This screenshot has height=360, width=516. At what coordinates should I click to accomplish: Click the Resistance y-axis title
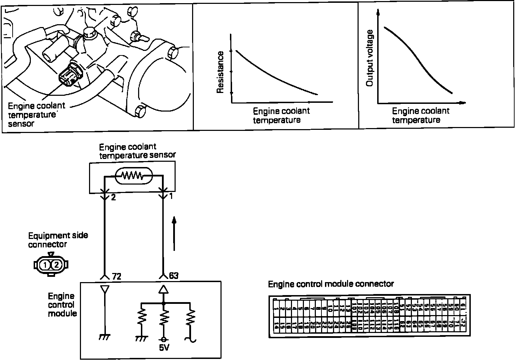pyautogui.click(x=220, y=72)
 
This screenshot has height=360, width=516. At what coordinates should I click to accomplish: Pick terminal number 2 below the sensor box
pyautogui.click(x=113, y=198)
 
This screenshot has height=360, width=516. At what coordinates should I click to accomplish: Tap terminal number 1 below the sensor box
pyautogui.click(x=171, y=196)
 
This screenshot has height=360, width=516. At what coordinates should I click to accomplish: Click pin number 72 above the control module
pyautogui.click(x=116, y=276)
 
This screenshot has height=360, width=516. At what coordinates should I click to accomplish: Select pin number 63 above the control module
pyautogui.click(x=174, y=276)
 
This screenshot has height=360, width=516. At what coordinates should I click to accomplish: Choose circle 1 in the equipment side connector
pyautogui.click(x=46, y=265)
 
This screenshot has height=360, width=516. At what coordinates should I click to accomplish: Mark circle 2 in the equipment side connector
pyautogui.click(x=57, y=265)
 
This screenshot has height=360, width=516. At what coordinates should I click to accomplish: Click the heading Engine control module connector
pyautogui.click(x=331, y=284)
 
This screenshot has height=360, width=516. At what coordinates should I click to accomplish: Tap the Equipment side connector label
pyautogui.click(x=58, y=240)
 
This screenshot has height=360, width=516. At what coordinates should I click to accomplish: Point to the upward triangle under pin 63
pyautogui.click(x=163, y=289)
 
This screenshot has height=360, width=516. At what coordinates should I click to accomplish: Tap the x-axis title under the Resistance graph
pyautogui.click(x=281, y=115)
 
